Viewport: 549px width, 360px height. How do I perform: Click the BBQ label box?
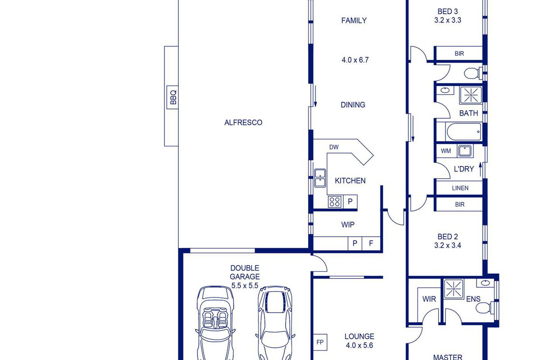(x=172, y=97)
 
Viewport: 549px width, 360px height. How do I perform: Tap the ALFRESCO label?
(x=243, y=122)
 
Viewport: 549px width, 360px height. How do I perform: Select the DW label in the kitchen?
(x=334, y=147)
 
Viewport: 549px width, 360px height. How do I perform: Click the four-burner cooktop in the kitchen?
(x=335, y=202)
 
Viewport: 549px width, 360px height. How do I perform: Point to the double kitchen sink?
(x=320, y=178)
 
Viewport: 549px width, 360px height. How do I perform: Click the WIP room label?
(x=348, y=225)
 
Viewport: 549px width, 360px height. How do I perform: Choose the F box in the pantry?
(x=371, y=243)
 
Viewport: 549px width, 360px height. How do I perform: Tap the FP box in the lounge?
(x=320, y=342)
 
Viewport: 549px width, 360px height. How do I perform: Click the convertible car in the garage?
(x=215, y=323)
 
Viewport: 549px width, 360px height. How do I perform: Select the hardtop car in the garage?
(x=275, y=323)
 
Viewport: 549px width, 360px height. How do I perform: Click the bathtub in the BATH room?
(x=464, y=132)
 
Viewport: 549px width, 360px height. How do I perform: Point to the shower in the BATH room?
(x=471, y=95)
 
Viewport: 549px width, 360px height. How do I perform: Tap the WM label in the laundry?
(x=446, y=151)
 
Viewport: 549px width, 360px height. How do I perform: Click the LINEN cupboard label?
(x=460, y=188)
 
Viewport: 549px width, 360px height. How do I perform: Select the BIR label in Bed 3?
(x=459, y=54)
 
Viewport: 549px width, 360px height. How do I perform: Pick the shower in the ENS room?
(x=454, y=289)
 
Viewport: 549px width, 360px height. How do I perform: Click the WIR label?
(x=429, y=299)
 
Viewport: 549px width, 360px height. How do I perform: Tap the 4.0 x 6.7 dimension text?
(x=355, y=60)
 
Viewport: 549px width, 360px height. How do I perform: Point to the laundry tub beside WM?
(x=464, y=151)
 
